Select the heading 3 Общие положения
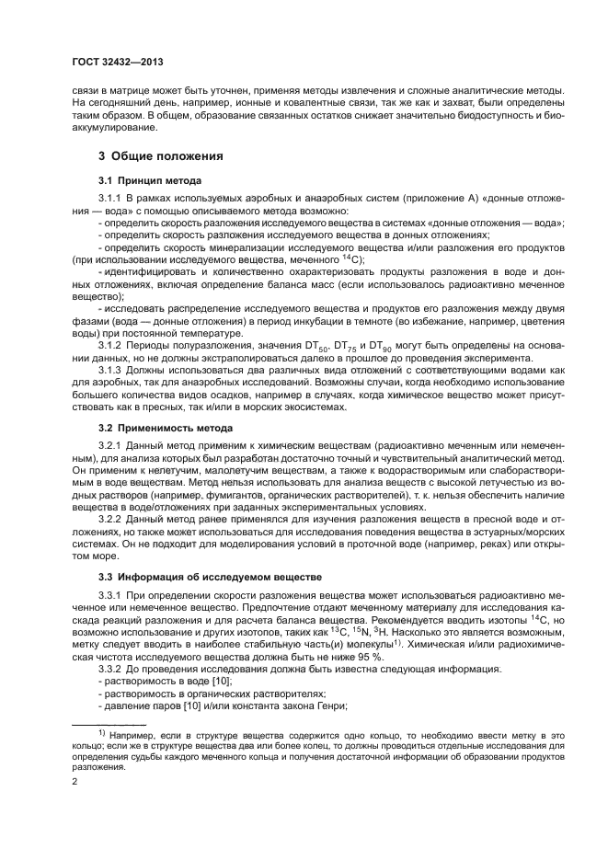pyautogui.click(x=163, y=155)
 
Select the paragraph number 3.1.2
pyautogui.click(x=111, y=345)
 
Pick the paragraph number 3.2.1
pyautogui.click(x=111, y=445)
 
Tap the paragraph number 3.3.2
pyautogui.click(x=111, y=669)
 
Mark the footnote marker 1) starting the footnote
pyautogui.click(x=102, y=735)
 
